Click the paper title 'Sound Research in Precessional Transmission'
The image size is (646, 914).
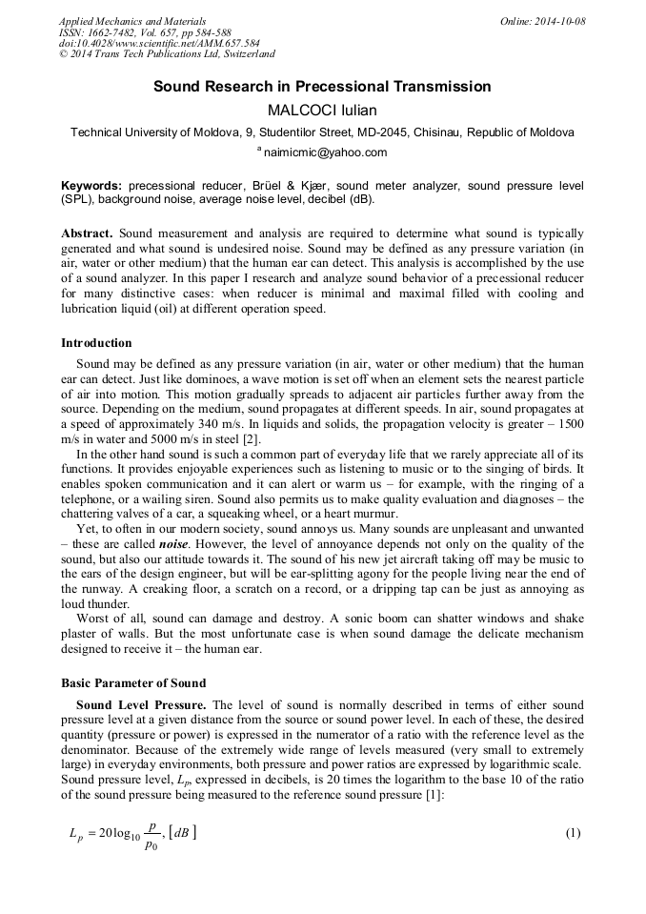322,87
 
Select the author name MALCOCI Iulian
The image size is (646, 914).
322,110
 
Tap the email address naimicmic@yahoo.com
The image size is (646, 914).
326,152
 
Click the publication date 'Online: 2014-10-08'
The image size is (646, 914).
543,21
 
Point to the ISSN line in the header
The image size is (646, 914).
145,32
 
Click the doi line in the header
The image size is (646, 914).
159,44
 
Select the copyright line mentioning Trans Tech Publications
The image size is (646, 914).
167,55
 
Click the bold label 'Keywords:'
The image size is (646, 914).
91,185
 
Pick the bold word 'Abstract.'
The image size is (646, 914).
88,234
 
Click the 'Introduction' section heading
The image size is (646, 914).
96,343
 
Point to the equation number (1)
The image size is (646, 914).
573,833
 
